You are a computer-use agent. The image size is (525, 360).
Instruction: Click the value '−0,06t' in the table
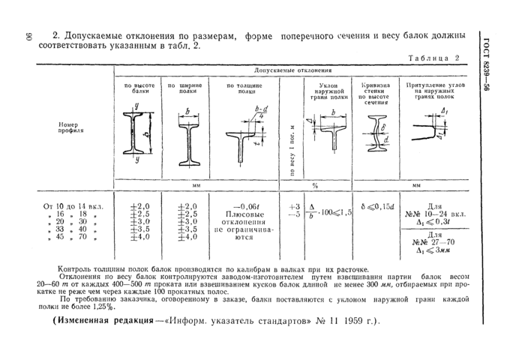click(245, 205)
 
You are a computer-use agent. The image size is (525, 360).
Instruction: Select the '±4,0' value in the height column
click(140, 237)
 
